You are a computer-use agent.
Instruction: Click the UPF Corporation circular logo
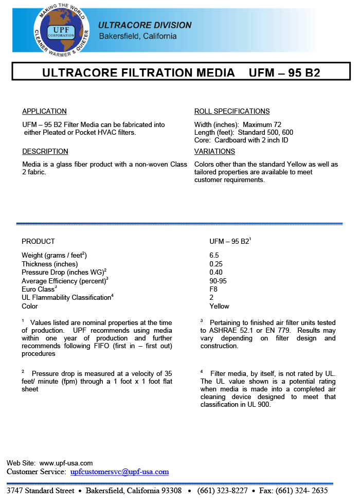[61, 28]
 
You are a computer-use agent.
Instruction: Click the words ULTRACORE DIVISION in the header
[145, 25]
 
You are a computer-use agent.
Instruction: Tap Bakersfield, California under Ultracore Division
[137, 37]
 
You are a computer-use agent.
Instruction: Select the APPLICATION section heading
[44, 111]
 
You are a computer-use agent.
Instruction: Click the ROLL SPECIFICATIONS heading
[232, 111]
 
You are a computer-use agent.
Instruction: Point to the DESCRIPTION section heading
[45, 151]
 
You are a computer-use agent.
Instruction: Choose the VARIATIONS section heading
[214, 151]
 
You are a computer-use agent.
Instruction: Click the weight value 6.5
[214, 256]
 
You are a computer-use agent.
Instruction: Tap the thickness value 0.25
[216, 264]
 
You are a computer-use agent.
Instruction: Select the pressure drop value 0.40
[216, 272]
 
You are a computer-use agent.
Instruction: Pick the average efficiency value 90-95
[218, 281]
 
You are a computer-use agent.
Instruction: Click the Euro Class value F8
[213, 289]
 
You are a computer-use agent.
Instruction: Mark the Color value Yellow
[219, 306]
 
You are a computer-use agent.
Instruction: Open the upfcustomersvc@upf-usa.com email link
[119, 472]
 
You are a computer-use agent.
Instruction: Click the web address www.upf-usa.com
[66, 463]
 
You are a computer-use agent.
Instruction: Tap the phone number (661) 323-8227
[222, 491]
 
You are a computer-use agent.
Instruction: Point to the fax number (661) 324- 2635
[303, 491]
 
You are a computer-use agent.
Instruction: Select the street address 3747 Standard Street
[41, 491]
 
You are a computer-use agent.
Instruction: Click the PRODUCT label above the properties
[38, 241]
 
